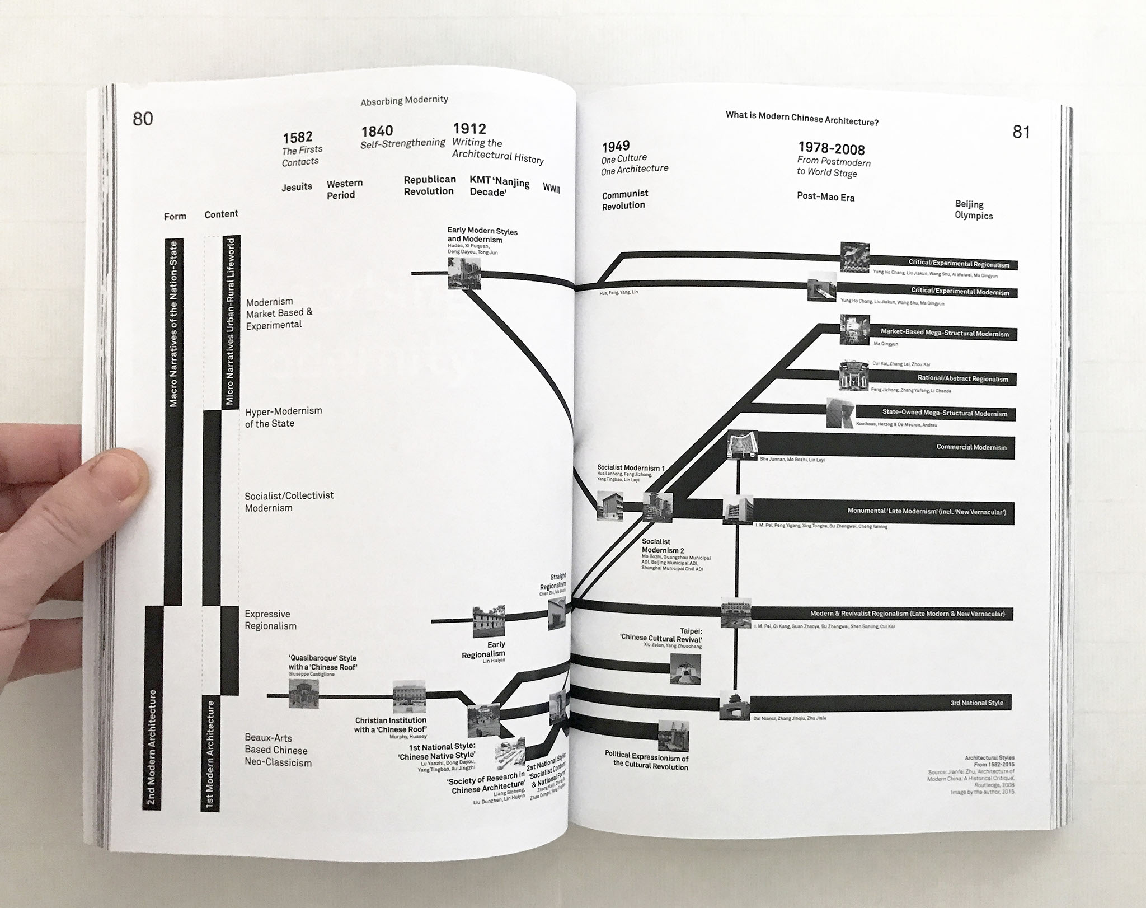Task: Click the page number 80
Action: point(143,119)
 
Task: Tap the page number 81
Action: point(1021,132)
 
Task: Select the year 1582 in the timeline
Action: point(297,137)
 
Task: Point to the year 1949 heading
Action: point(616,147)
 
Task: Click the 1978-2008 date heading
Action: point(831,148)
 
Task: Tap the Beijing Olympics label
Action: point(974,210)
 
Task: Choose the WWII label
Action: point(551,188)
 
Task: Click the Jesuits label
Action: point(297,186)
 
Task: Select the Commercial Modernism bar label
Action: point(971,447)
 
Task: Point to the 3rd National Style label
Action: point(976,703)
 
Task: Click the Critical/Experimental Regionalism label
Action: point(959,264)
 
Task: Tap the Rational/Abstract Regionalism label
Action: point(962,378)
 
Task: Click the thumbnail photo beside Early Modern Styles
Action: point(464,273)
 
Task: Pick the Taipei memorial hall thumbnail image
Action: point(685,669)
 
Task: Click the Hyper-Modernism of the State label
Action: point(283,417)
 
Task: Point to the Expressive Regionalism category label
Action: point(271,620)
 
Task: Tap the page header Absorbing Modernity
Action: point(404,100)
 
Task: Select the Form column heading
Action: point(175,216)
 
